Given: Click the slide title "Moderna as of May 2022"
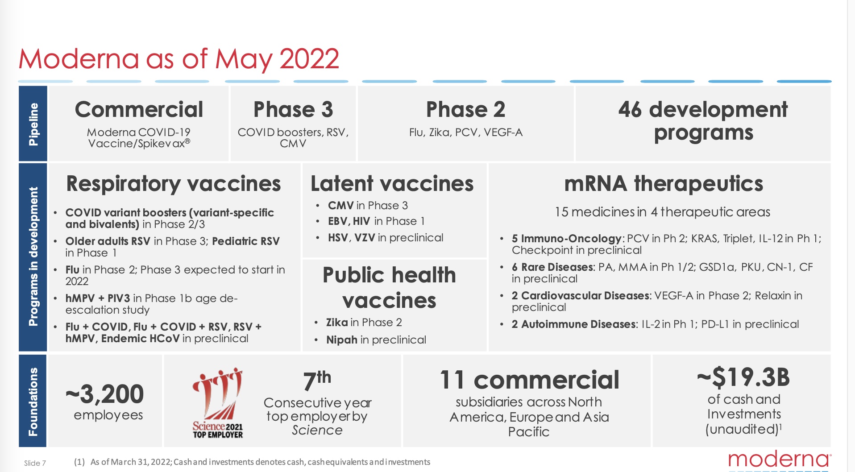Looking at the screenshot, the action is pos(178,59).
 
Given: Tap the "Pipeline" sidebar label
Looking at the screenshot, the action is pos(33,124).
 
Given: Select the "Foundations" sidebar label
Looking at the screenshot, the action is pos(33,402).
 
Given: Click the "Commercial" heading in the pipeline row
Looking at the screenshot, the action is pos(139,109).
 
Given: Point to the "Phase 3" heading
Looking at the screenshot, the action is pos(293,109).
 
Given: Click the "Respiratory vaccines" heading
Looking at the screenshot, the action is pos(174,184).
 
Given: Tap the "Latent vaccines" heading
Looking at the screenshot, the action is pos(392,183).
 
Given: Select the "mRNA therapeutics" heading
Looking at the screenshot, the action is pos(664,183).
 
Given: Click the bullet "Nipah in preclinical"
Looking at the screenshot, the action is pos(376,340).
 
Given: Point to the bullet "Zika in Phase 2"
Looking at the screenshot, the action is pos(364,323).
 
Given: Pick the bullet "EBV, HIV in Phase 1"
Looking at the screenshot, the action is pos(376,221).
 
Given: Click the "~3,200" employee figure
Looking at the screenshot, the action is pos(105,394).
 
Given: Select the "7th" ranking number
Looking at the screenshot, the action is pos(317,381).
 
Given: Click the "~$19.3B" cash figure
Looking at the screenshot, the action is pos(743,377).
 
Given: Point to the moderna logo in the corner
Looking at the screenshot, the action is pos(780,460).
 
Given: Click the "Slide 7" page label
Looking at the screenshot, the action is pos(35,463).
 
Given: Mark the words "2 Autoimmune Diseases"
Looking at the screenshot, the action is pos(574,324).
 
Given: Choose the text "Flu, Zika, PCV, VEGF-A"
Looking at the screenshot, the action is pos(465,132).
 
